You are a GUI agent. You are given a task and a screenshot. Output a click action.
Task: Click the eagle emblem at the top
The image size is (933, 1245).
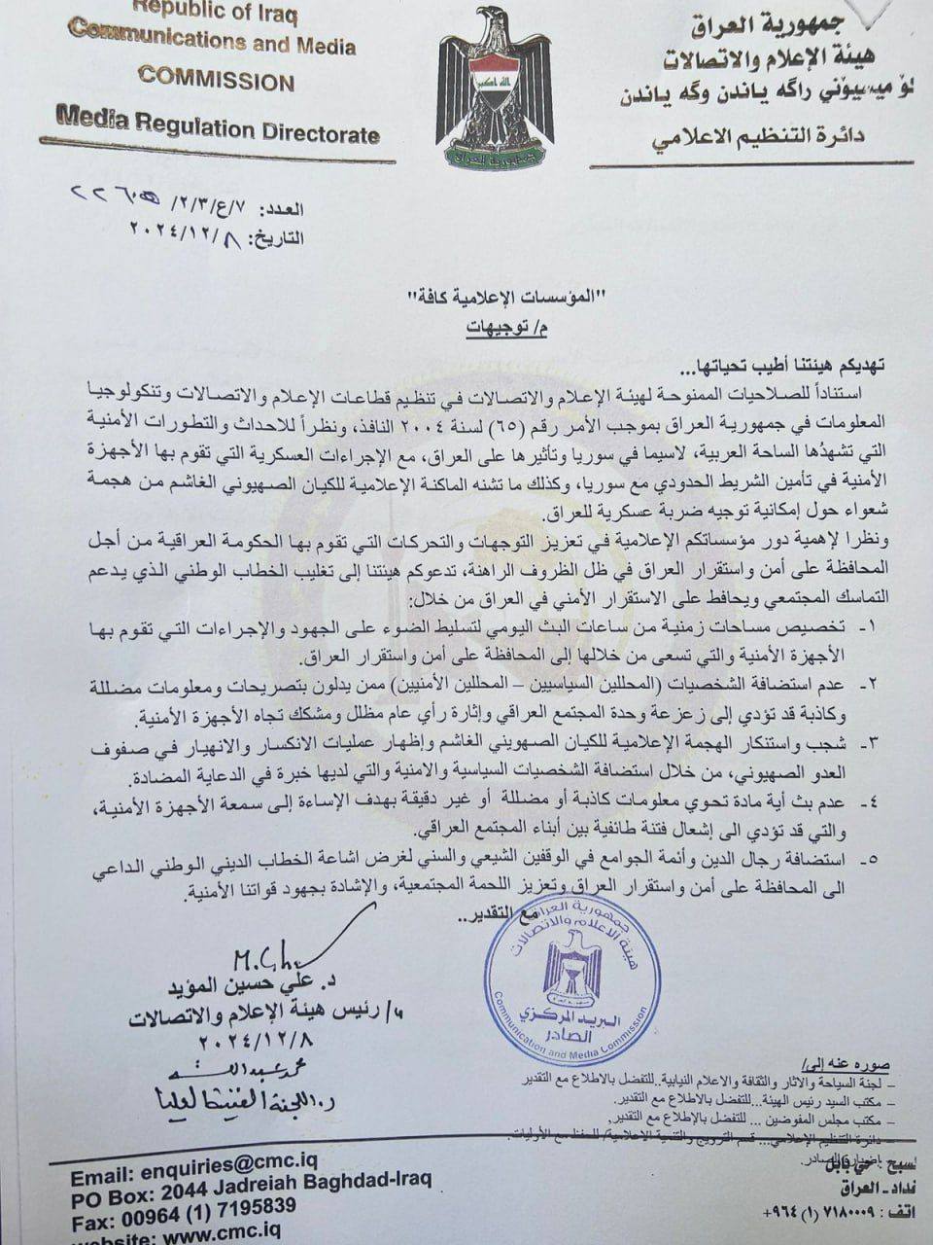(x=494, y=89)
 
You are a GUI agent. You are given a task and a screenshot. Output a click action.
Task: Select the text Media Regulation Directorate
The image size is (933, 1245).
(x=218, y=128)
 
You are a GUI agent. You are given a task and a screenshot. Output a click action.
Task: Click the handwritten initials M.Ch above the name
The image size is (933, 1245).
(x=259, y=958)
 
